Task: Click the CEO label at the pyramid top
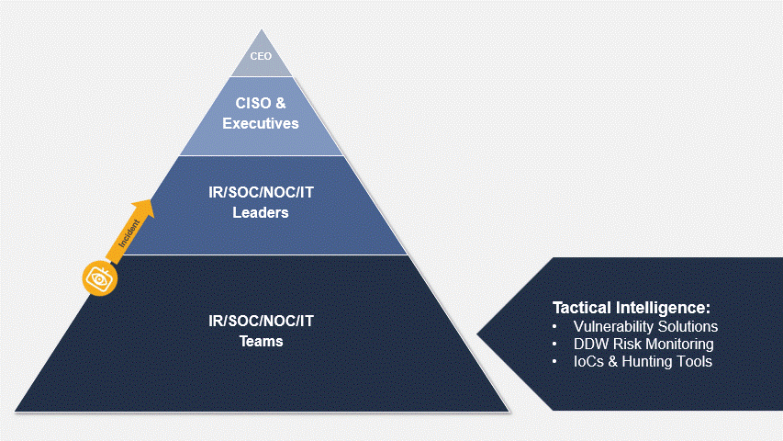(x=261, y=56)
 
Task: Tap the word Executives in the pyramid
(x=261, y=123)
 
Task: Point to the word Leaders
(x=261, y=212)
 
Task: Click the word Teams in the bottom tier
(x=262, y=341)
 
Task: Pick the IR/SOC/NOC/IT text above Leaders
(x=262, y=193)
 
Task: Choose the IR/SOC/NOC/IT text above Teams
(x=262, y=321)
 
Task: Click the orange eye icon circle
(x=100, y=278)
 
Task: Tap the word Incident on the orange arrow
(x=129, y=233)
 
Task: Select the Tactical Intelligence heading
(x=632, y=308)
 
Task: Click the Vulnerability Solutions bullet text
(x=645, y=326)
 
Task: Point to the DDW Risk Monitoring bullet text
(x=643, y=344)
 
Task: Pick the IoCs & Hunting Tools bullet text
(x=643, y=361)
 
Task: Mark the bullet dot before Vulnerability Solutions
(x=554, y=327)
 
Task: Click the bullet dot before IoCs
(x=554, y=362)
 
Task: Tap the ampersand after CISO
(x=281, y=103)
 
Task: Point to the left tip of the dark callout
(x=478, y=334)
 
